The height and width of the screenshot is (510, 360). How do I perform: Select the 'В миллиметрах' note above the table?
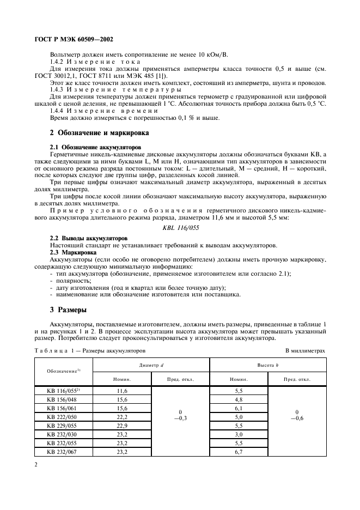point(305,351)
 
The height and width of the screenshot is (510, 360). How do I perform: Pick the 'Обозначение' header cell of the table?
point(64,371)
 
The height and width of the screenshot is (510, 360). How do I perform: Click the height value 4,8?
point(239,399)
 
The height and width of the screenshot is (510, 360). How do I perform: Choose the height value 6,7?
point(239,451)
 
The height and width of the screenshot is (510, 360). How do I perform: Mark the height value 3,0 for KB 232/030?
point(239,434)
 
